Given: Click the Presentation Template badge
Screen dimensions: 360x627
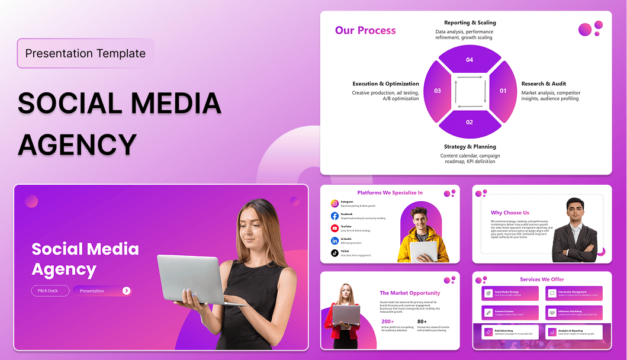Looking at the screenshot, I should coord(85,53).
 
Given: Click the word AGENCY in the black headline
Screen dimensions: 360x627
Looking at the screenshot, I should coord(78,144).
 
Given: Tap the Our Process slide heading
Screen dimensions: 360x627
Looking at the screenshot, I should coord(365,30).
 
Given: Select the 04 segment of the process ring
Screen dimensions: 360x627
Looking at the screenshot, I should coord(470,59).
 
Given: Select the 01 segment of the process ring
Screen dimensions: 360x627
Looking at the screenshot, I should coord(503,91).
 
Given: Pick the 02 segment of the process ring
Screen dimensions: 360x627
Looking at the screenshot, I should coord(470,123).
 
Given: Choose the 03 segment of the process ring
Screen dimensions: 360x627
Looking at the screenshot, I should coord(438,91).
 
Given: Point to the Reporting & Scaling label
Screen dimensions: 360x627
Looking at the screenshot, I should coord(470,22).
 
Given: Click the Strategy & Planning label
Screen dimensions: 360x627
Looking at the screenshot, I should coord(470,146).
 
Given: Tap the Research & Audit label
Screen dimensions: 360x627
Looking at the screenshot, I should coord(544,84).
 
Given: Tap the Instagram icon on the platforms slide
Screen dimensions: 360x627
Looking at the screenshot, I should coord(335,203).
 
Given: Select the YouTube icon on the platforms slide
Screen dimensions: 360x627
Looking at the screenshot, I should coord(335,228).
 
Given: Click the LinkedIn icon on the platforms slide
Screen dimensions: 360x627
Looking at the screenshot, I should coord(335,240).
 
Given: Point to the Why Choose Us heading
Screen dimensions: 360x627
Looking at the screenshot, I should coord(510,213).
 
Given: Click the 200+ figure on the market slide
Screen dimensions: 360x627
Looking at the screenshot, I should coord(388,322).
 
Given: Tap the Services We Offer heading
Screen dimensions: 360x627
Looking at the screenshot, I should coord(542,279).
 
